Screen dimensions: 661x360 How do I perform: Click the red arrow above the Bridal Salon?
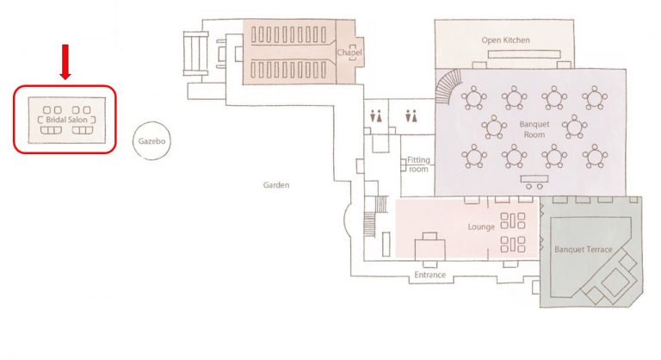coord(65,62)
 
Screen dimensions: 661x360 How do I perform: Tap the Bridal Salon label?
coord(66,120)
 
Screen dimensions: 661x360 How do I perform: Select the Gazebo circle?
coord(151,141)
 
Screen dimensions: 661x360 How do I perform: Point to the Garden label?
coord(276,185)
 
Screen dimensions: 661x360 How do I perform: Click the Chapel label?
coord(349,53)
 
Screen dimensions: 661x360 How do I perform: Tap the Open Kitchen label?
coord(505,40)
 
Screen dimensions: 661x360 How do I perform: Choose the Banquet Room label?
coord(534,129)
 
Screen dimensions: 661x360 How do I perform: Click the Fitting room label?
coord(418,164)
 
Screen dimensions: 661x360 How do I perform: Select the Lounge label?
coord(481,227)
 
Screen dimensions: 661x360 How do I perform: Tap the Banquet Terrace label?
coord(583,250)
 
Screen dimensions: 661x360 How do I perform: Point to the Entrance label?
coord(429,275)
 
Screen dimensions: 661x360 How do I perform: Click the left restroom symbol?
coord(375,116)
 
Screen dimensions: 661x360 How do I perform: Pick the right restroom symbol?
coord(411,116)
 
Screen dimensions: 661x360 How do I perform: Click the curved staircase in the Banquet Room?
coord(448,87)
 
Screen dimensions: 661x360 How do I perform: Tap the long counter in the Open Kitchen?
coord(524,54)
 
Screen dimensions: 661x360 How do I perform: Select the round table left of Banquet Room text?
coord(494,127)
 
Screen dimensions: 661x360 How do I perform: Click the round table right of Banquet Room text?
coord(574,127)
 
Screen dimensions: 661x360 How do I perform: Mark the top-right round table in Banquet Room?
coord(595,98)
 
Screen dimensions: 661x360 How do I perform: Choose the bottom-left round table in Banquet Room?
coord(474,156)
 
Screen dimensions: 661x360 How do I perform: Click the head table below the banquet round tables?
coord(534,182)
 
